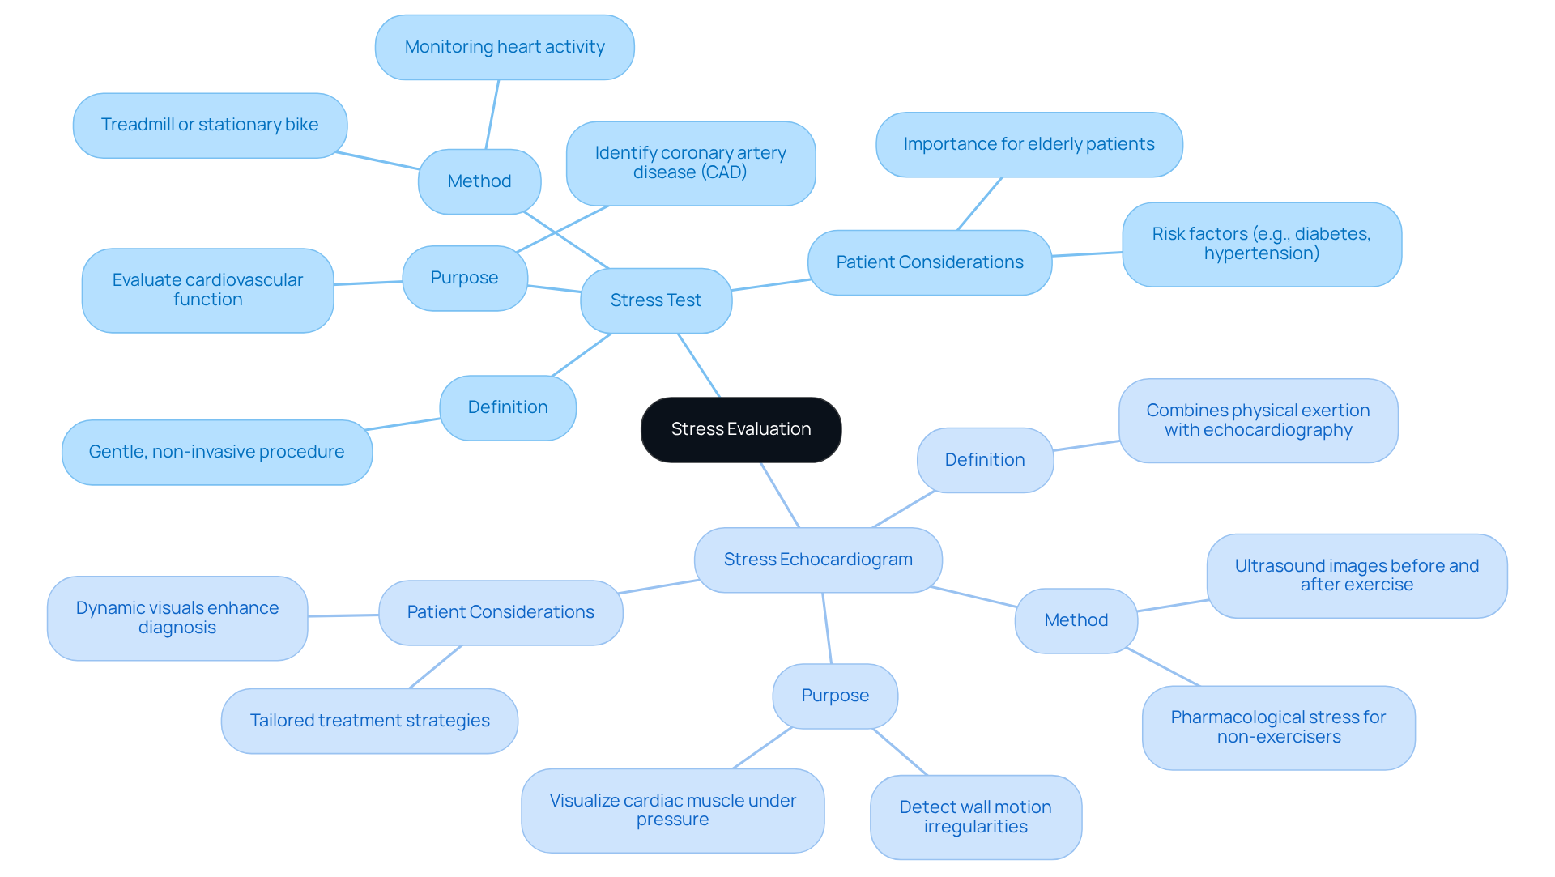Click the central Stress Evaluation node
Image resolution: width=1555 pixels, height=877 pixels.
pyautogui.click(x=740, y=429)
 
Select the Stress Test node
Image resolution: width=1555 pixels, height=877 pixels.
pyautogui.click(x=656, y=300)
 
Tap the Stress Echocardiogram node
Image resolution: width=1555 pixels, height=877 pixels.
pyautogui.click(x=818, y=560)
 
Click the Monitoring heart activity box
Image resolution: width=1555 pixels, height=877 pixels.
pyautogui.click(x=505, y=47)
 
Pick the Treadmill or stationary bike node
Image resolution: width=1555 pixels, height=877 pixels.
pyautogui.click(x=210, y=125)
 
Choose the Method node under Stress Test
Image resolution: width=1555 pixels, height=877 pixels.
pyautogui.click(x=479, y=181)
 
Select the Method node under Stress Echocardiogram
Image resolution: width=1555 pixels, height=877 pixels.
pyautogui.click(x=1076, y=620)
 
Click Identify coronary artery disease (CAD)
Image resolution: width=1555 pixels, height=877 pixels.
pyautogui.click(x=690, y=163)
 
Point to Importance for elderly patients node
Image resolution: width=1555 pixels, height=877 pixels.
pyautogui.click(x=1029, y=144)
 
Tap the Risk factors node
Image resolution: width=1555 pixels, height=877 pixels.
pyautogui.click(x=1261, y=244)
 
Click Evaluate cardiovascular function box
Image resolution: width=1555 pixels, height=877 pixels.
pyautogui.click(x=207, y=290)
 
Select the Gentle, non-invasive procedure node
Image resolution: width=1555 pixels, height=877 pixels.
pyautogui.click(x=216, y=452)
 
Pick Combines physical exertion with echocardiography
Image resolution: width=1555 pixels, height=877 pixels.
pyautogui.click(x=1258, y=420)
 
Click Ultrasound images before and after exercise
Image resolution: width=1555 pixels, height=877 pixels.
pyautogui.click(x=1357, y=575)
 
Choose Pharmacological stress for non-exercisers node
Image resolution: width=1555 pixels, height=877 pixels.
pyautogui.click(x=1278, y=727)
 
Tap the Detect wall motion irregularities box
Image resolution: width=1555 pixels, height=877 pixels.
pyautogui.click(x=975, y=817)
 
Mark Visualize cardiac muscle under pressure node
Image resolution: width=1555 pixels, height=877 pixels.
pyautogui.click(x=672, y=810)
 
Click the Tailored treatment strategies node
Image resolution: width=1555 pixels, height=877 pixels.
pyautogui.click(x=369, y=721)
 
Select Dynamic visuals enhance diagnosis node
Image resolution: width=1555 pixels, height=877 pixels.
pyautogui.click(x=177, y=618)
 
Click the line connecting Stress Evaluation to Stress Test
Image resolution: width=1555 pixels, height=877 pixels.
pyautogui.click(x=699, y=365)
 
